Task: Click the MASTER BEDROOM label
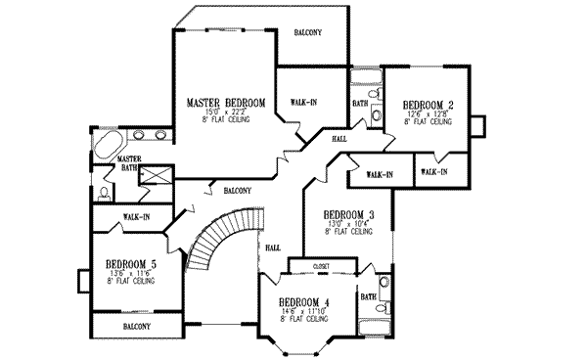[226, 102]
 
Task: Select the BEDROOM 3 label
[349, 214]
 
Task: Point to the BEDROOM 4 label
[303, 301]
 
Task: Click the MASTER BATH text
[127, 162]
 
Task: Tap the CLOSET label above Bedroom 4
[321, 265]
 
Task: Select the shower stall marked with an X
[156, 175]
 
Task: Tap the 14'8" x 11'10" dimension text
[303, 311]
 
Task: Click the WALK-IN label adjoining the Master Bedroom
[302, 102]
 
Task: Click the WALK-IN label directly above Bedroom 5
[136, 217]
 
